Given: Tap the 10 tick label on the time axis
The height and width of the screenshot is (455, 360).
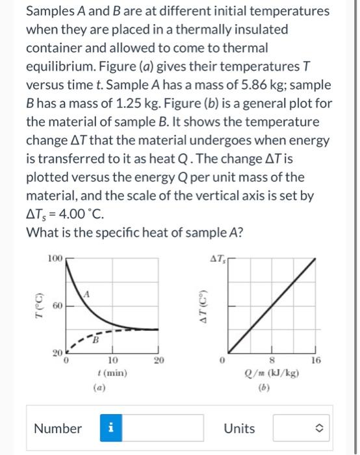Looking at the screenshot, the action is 112,359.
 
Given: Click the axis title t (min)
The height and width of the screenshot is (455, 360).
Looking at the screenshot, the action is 112,373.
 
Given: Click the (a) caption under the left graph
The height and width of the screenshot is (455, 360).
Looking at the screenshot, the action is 112,386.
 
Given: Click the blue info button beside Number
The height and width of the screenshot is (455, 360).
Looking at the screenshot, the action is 110,428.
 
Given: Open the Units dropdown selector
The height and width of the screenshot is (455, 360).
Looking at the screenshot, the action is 298,428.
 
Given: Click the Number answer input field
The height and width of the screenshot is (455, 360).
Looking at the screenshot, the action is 166,428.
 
